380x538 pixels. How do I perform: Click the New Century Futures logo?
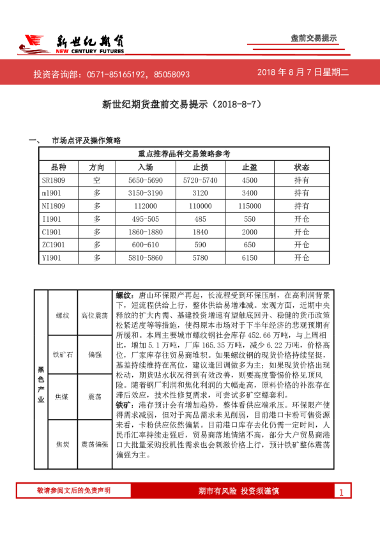coord(71,43)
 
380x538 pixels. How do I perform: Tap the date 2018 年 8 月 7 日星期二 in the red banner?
coord(303,73)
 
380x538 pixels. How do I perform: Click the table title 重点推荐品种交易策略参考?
coord(184,153)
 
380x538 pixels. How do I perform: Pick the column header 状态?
coord(301,167)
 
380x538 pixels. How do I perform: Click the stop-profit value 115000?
coord(250,206)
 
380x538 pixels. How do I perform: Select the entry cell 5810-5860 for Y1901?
coord(145,257)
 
